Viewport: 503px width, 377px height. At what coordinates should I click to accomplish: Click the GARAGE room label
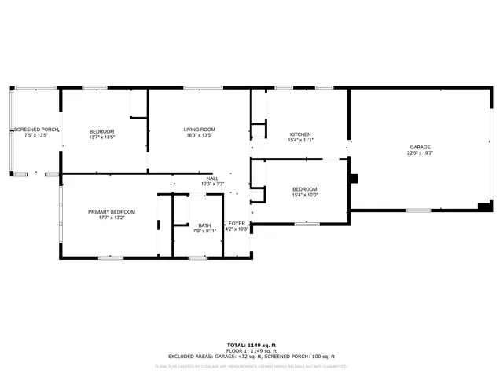(x=420, y=147)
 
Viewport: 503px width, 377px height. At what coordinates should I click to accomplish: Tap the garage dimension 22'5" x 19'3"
(x=420, y=153)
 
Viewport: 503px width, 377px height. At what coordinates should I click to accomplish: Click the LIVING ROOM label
(x=200, y=130)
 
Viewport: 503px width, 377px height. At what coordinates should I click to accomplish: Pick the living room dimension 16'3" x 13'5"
(x=200, y=136)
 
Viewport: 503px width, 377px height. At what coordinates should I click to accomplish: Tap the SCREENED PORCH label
(x=36, y=130)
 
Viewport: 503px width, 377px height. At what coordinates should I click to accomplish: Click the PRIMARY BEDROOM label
(x=112, y=212)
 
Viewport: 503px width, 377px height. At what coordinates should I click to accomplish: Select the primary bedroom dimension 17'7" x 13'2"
(x=112, y=218)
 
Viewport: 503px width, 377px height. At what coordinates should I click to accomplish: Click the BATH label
(x=204, y=225)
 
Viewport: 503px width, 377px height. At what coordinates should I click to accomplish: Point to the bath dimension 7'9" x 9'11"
(x=204, y=232)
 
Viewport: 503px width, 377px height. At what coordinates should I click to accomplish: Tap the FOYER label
(x=237, y=225)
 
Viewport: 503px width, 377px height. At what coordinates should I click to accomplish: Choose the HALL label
(x=212, y=178)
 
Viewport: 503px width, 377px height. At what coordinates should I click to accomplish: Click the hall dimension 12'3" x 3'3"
(x=212, y=185)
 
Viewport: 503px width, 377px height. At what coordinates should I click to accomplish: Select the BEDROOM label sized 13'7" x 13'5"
(x=102, y=131)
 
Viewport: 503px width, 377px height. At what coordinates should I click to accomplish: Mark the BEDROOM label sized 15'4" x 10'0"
(x=305, y=189)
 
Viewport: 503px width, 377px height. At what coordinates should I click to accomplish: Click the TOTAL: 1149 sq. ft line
(x=251, y=345)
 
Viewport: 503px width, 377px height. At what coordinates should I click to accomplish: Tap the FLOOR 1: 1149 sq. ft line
(x=251, y=350)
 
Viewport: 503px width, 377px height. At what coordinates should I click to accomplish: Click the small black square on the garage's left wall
(x=354, y=178)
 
